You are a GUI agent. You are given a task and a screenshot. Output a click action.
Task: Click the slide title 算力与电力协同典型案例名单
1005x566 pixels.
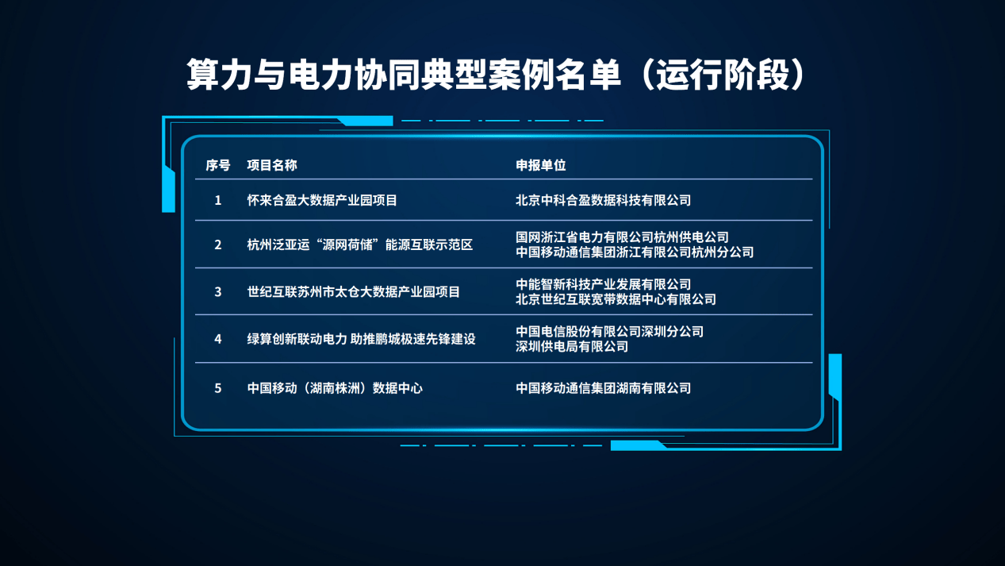[x=403, y=75]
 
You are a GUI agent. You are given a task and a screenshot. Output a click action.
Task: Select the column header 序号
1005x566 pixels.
[x=218, y=165]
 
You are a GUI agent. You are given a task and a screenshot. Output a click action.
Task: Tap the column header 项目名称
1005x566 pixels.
[x=272, y=165]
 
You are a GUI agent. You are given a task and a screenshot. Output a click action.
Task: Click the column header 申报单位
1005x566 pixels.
[x=541, y=165]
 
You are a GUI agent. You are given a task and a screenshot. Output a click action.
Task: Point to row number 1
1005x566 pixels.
[x=218, y=200]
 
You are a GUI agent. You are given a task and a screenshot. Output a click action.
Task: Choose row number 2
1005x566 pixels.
[x=218, y=244]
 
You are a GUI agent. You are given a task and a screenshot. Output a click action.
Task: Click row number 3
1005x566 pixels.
[x=218, y=292]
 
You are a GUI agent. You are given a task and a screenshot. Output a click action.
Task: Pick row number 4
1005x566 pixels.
[x=218, y=339]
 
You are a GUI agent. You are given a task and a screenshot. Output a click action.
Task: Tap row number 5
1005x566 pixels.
[x=218, y=388]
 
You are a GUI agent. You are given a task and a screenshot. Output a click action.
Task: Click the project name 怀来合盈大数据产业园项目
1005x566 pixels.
[x=322, y=200]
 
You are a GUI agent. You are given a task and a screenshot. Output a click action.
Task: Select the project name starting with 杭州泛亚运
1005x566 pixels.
[x=360, y=244]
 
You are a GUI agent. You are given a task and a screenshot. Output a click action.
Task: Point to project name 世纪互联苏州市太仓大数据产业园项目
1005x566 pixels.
[x=354, y=292]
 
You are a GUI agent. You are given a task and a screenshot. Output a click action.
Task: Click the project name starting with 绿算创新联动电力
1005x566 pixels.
[x=361, y=339]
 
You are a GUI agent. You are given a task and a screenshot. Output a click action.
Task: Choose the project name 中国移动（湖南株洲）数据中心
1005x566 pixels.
[x=335, y=388]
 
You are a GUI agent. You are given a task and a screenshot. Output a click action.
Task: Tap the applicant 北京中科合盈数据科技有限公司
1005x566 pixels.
[x=604, y=200]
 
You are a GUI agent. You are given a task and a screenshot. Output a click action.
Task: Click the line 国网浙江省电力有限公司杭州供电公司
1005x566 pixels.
[x=623, y=237]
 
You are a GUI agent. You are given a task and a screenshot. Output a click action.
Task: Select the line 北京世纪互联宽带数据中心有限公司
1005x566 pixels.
[x=616, y=299]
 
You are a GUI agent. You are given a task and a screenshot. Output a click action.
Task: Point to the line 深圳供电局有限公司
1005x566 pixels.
[x=572, y=347]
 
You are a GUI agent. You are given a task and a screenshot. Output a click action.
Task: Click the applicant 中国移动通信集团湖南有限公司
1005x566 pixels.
[x=604, y=388]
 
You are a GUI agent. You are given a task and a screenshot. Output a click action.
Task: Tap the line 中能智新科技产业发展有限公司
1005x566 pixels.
[x=604, y=284]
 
